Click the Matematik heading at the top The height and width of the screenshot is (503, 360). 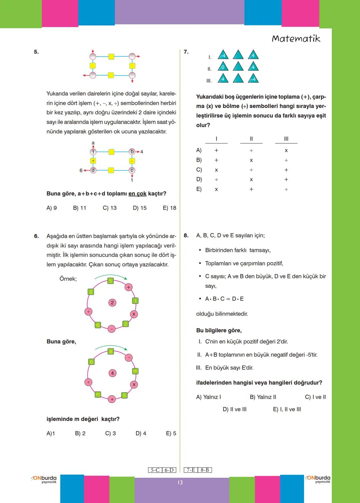pyautogui.click(x=296, y=39)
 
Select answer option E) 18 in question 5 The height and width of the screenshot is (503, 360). pyautogui.click(x=169, y=208)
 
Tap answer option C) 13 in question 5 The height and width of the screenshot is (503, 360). pyautogui.click(x=110, y=208)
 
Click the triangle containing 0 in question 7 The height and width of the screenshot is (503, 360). pyautogui.click(x=223, y=67)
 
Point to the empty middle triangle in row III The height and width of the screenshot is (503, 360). pyautogui.click(x=238, y=79)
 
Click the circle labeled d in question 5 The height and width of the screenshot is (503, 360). pyautogui.click(x=93, y=170)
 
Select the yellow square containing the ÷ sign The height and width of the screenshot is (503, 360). pyautogui.click(x=93, y=161)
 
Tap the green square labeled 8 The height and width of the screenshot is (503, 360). pyautogui.click(x=111, y=351)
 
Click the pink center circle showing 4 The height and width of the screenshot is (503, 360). pyautogui.click(x=112, y=373)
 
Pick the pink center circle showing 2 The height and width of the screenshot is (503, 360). pyautogui.click(x=112, y=303)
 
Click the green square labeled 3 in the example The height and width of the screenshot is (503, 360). pyautogui.click(x=90, y=292)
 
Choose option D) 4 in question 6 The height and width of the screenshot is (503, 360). pyautogui.click(x=141, y=433)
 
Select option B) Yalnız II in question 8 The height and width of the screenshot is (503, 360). pyautogui.click(x=263, y=397)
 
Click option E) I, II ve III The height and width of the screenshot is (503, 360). pyautogui.click(x=287, y=409)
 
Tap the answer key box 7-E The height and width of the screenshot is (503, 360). pyautogui.click(x=191, y=470)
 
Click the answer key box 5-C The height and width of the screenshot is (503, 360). pyautogui.click(x=155, y=470)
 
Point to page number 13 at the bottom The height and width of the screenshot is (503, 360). pyautogui.click(x=180, y=482)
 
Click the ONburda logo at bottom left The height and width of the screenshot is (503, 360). pyautogui.click(x=44, y=479)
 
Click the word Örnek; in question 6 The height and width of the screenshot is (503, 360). pyautogui.click(x=68, y=279)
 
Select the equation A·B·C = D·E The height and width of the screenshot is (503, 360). pyautogui.click(x=224, y=299)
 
